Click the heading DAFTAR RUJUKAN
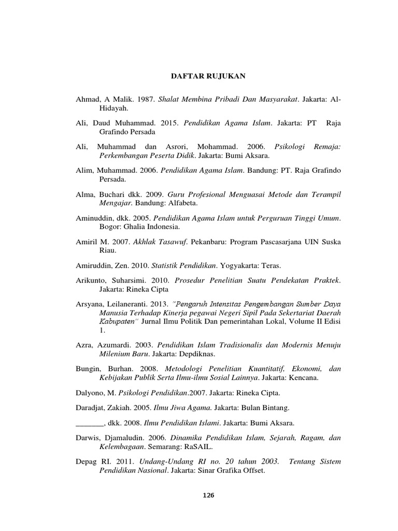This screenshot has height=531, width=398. pyautogui.click(x=208, y=76)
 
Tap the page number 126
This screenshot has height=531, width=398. pyautogui.click(x=208, y=495)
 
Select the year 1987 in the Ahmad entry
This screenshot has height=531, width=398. pyautogui.click(x=138, y=99)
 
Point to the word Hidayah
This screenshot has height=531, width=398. pyautogui.click(x=112, y=108)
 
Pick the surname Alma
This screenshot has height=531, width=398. pyautogui.click(x=84, y=193)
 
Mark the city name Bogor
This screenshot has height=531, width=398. pyautogui.click(x=109, y=227)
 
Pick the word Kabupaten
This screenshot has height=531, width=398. pyautogui.click(x=117, y=322)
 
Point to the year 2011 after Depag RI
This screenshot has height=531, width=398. pyautogui.click(x=125, y=462)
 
